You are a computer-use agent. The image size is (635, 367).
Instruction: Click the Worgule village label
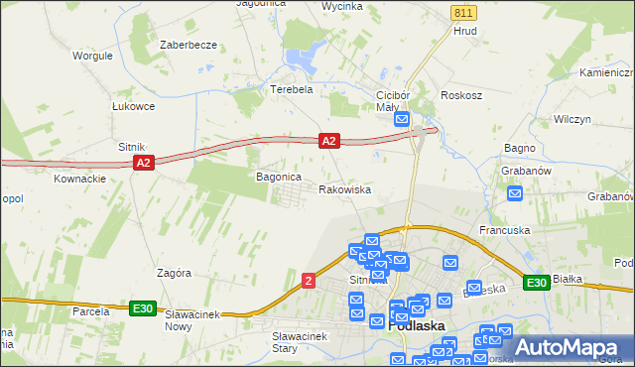click(x=91, y=56)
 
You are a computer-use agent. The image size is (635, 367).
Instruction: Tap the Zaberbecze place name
click(x=188, y=46)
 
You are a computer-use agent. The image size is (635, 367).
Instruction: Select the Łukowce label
click(x=133, y=106)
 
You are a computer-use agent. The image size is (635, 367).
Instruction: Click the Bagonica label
click(x=278, y=176)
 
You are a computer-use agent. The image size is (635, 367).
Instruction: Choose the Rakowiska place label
click(x=344, y=188)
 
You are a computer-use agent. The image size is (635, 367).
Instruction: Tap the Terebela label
click(x=292, y=88)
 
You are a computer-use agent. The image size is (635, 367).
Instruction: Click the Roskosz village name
click(x=462, y=95)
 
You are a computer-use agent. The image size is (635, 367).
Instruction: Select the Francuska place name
click(x=504, y=230)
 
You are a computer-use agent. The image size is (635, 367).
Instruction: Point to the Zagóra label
click(x=174, y=272)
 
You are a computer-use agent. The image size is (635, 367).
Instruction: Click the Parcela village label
click(x=90, y=311)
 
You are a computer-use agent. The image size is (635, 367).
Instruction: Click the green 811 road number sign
click(x=462, y=12)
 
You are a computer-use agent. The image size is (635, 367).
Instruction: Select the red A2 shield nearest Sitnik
click(x=143, y=163)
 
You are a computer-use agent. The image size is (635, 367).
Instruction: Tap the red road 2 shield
click(x=310, y=282)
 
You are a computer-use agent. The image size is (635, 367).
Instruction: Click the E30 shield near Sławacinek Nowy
click(x=143, y=308)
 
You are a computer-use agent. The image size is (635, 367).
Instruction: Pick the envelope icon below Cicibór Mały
click(x=402, y=119)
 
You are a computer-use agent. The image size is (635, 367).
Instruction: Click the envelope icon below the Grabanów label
click(x=514, y=192)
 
